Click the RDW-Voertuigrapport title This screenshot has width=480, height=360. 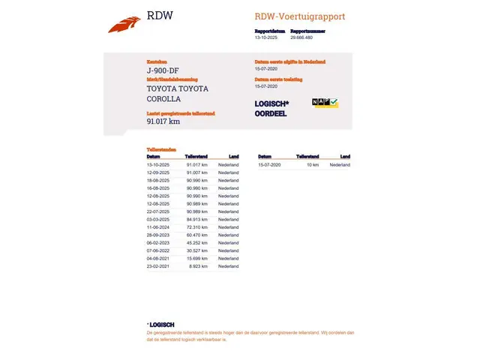(x=300, y=16)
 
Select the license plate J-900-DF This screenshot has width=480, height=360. (x=163, y=70)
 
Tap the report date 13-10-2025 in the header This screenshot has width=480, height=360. (x=265, y=36)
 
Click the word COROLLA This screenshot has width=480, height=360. (x=163, y=98)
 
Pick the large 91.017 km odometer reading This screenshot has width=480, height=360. (x=163, y=121)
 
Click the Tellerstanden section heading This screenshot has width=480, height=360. (x=160, y=150)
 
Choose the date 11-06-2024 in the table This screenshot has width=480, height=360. (x=158, y=226)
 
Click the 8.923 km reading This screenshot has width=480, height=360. (x=199, y=266)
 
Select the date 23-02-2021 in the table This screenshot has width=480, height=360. (x=158, y=266)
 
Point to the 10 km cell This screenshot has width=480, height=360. (x=312, y=164)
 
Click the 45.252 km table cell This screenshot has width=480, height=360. (x=197, y=243)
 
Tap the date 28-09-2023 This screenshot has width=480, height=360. (x=158, y=235)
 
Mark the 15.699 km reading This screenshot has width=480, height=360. (x=197, y=259)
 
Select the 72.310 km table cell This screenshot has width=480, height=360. (x=197, y=226)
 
